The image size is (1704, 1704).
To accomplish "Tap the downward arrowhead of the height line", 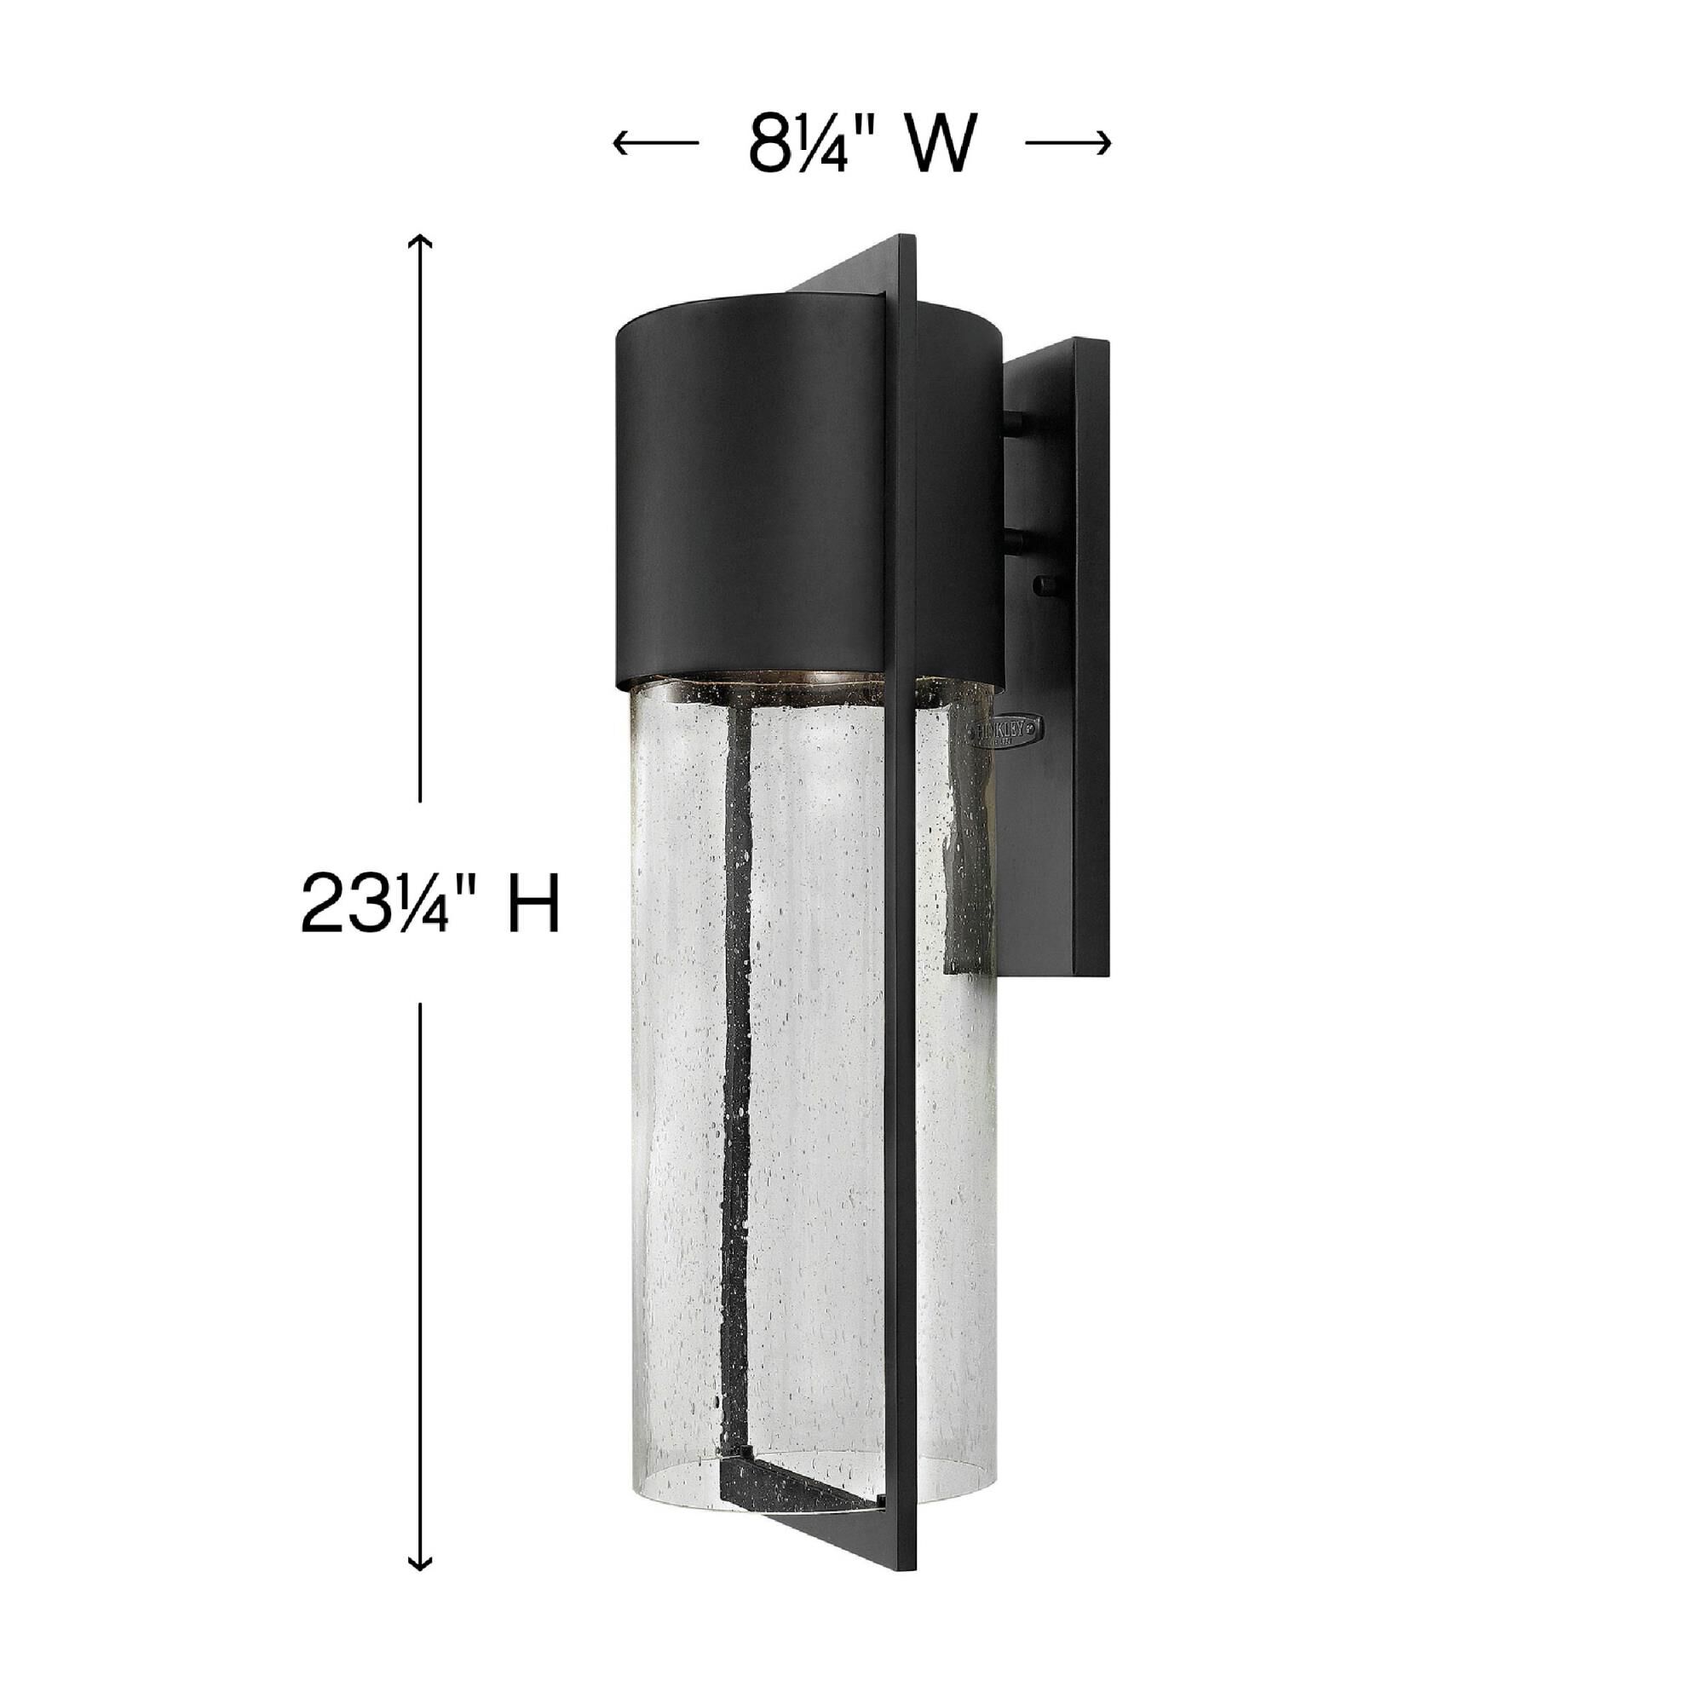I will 421,1562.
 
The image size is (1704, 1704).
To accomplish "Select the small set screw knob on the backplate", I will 1048,582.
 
